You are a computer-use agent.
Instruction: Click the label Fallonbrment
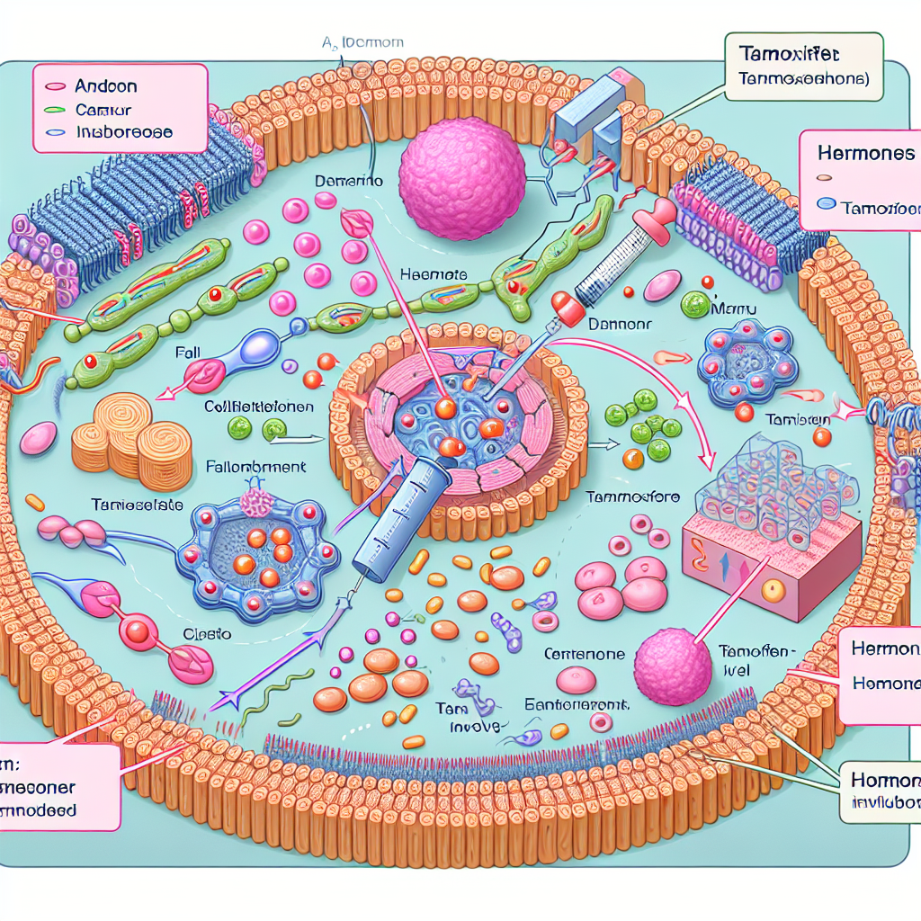(x=257, y=468)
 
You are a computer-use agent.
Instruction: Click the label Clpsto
(x=208, y=634)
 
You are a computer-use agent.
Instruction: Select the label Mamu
(x=736, y=310)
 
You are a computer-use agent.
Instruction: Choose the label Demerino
(x=349, y=181)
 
